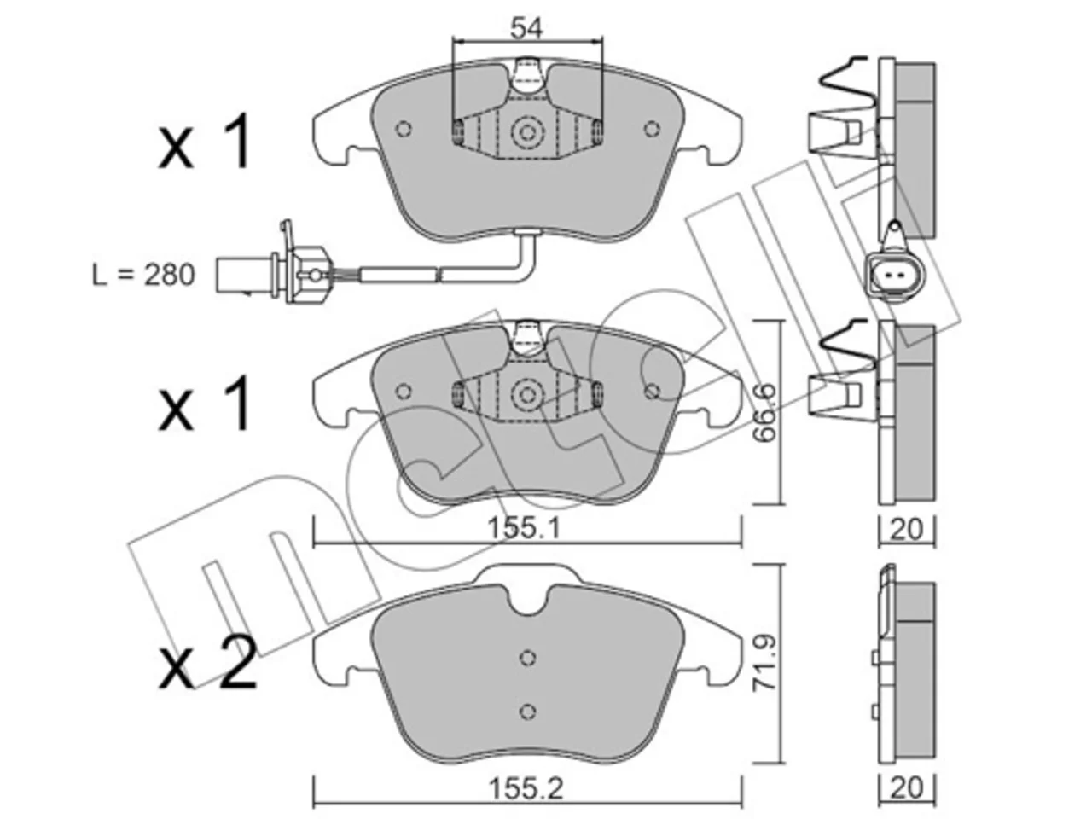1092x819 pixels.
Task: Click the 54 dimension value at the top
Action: point(527,28)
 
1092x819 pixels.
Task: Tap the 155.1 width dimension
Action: point(524,528)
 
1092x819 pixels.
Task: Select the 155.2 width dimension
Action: point(526,788)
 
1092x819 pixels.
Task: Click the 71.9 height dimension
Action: point(764,662)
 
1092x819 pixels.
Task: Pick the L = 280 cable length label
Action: point(143,275)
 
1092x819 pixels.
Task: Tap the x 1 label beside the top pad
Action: point(204,142)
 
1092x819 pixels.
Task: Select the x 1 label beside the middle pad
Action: point(204,403)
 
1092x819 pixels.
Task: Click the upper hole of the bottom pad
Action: point(527,658)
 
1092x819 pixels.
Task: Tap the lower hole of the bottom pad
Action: point(527,712)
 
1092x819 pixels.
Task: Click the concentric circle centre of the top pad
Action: point(527,132)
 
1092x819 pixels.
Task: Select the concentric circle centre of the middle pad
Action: point(527,395)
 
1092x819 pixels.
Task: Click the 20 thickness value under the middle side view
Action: point(906,529)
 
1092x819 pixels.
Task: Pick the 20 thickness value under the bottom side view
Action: point(906,788)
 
